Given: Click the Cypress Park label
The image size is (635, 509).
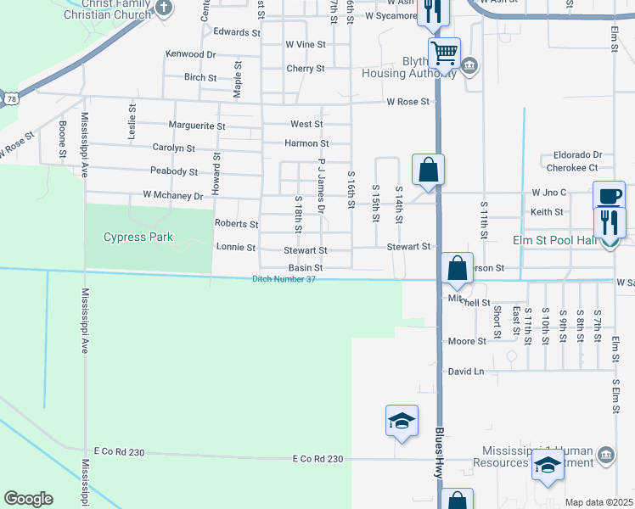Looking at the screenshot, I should pos(138,237).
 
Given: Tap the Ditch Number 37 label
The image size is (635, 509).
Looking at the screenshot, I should pos(284,280).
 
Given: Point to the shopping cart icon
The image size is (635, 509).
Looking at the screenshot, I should pos(444,53).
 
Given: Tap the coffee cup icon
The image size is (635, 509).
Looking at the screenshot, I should pos(609,196).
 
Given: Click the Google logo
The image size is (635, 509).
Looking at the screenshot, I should pos(28,499).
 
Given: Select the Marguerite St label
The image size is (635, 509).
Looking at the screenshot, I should pos(197,126).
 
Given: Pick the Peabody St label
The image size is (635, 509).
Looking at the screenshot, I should pos(174,171).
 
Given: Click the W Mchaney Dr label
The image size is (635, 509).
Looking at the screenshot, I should pos(173,196).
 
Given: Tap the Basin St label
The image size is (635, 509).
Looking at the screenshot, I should pos(306,267).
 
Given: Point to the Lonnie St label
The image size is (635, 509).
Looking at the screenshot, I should pos(236,248).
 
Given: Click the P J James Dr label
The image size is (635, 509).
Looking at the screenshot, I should pos(322,178).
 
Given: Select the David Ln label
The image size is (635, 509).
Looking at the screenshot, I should pos(465,372).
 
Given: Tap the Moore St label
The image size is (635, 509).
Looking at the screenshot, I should pos(467,341).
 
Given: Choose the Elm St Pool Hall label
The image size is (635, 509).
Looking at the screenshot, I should pos(554,241).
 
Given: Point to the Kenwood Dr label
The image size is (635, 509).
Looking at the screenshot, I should pos(191,53).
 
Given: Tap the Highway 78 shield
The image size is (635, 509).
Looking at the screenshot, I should pos(9,99).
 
